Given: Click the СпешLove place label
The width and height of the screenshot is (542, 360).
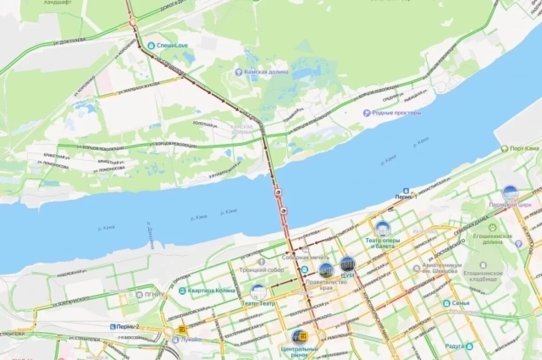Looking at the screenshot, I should tap(172, 46).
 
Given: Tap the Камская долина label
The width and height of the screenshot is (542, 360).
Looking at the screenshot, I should tap(266, 72).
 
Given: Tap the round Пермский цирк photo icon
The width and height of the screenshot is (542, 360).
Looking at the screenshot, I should tap(510, 193).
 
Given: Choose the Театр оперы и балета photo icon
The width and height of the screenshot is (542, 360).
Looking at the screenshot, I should tap(383, 229).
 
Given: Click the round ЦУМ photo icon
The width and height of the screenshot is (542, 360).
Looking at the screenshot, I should tap(347, 264).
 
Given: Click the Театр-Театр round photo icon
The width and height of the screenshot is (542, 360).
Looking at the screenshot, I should tap(258, 292).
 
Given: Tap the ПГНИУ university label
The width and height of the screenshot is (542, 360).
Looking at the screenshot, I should tap(155, 295).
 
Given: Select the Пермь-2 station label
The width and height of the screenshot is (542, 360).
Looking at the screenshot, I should tap(125, 326).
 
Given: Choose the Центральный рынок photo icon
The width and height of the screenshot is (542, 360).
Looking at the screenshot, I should tap(299, 337).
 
